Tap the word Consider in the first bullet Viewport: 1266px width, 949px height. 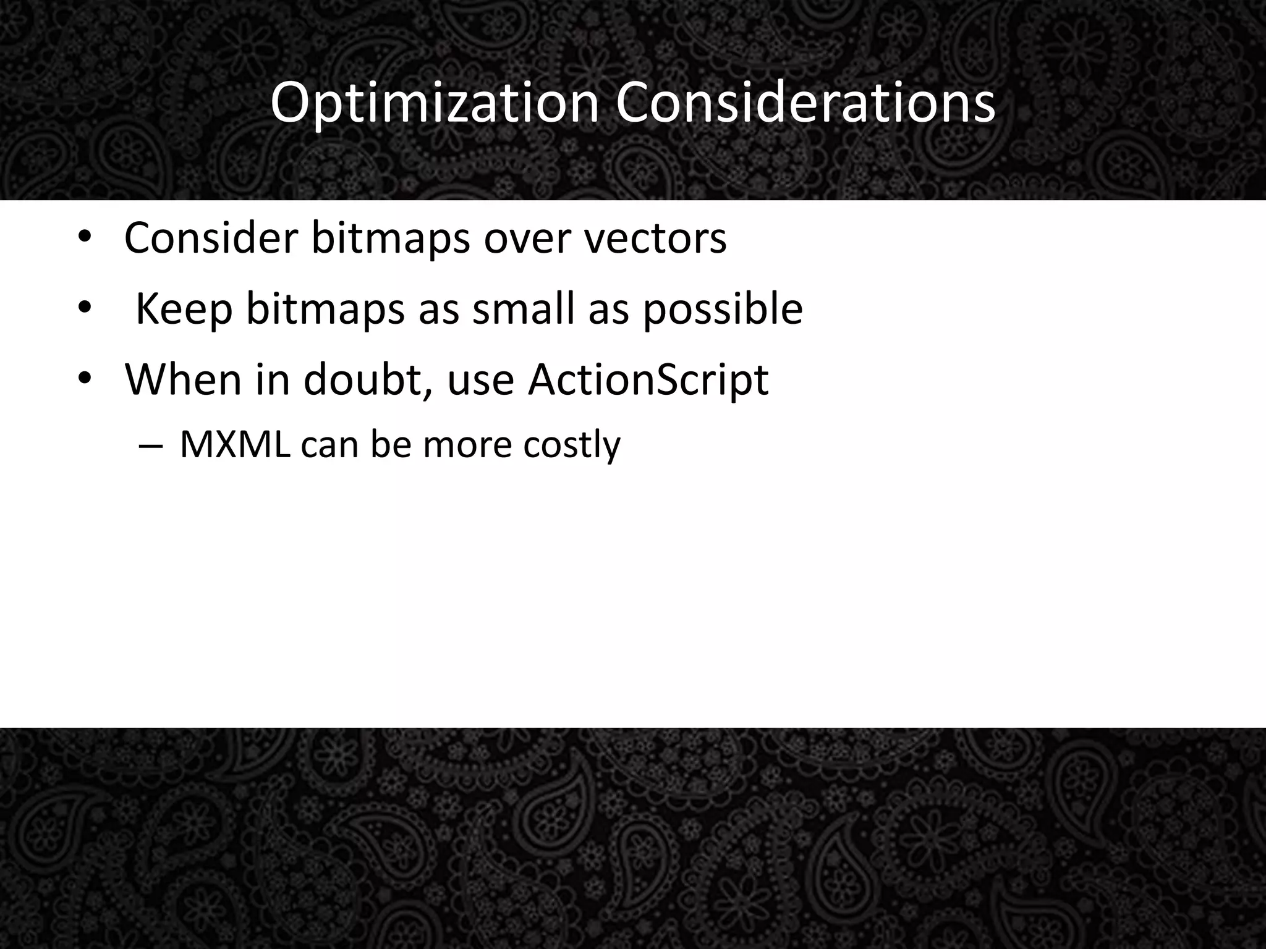point(210,238)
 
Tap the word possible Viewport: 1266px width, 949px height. point(723,310)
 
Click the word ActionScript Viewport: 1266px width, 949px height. point(648,380)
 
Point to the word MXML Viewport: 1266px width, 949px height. point(234,444)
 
